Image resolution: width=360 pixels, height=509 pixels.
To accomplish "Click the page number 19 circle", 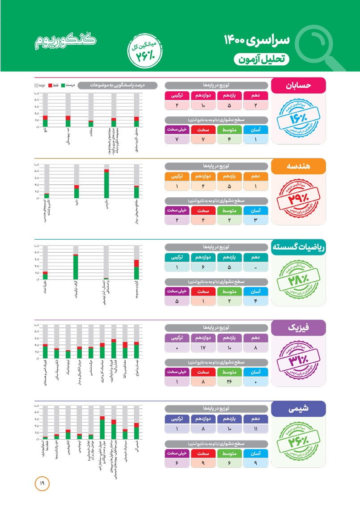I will pos(42,483).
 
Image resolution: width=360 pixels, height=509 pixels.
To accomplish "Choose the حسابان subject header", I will pos(299,85).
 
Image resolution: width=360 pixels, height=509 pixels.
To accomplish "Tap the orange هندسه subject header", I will pos(299,166).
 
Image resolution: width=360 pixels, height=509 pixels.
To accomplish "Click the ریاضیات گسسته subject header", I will pos(299,246).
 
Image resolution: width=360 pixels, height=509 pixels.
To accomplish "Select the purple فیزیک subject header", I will pos(299,327).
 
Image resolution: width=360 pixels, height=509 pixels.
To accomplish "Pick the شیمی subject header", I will pos(299,408).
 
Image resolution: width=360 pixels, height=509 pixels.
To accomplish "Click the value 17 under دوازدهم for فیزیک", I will pos(203,348).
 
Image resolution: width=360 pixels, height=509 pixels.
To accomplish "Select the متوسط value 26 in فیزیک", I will pos(229,381).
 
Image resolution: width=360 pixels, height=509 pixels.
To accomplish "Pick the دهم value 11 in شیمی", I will pos(256,428).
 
